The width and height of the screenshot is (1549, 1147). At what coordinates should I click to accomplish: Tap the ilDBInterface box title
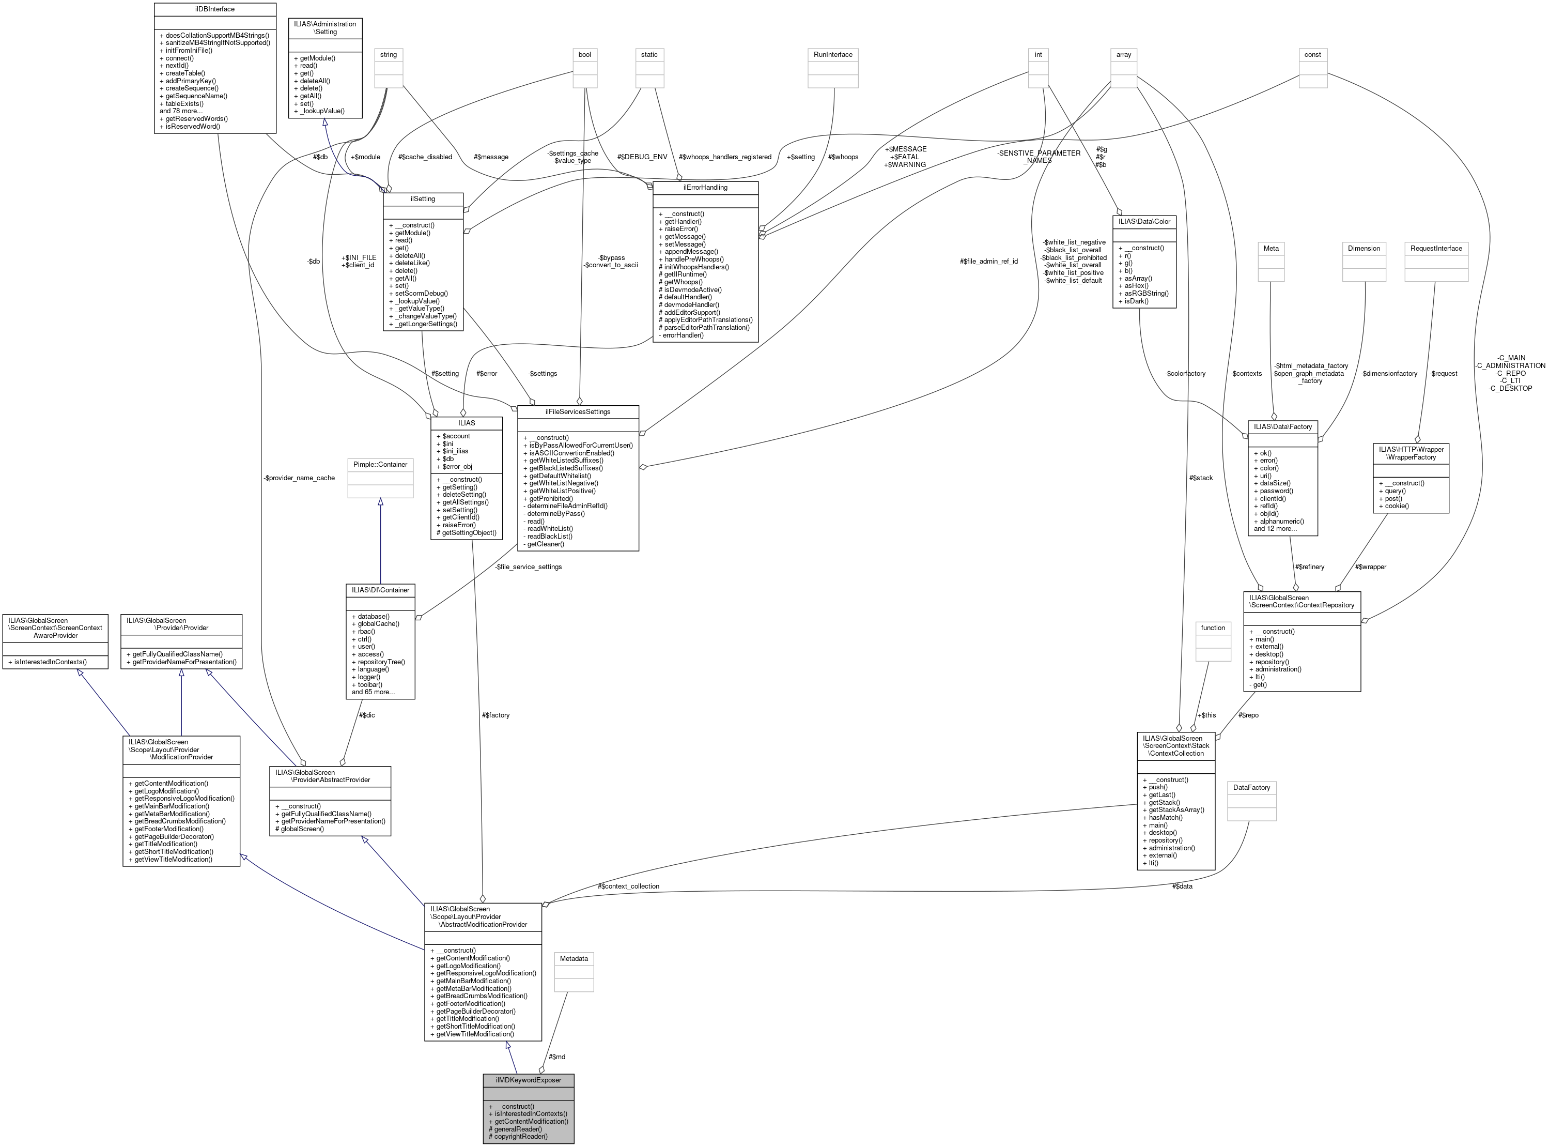click(214, 9)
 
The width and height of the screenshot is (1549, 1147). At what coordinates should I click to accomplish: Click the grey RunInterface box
click(833, 55)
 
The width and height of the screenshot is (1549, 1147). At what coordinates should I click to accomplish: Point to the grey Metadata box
click(574, 959)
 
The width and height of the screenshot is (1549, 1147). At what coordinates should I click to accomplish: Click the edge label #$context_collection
click(628, 886)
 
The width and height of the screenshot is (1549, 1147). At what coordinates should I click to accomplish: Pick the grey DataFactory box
click(1251, 787)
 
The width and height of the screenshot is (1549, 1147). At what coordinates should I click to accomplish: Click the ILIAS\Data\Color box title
click(1144, 221)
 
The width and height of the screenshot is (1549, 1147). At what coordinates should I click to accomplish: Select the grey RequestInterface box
click(1436, 249)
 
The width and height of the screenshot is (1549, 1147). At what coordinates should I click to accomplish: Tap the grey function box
click(1213, 628)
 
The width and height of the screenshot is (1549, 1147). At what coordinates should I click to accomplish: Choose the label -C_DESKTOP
click(1510, 388)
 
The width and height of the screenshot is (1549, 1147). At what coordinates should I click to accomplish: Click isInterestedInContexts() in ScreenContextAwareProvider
click(55, 662)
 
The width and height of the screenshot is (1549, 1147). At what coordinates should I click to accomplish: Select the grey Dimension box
click(1364, 249)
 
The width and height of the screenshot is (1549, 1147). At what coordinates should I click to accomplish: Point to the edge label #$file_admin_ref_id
click(989, 261)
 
